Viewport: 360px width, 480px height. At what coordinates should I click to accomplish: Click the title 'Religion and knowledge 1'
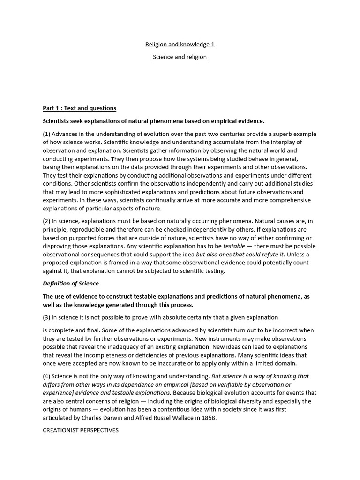[180, 45]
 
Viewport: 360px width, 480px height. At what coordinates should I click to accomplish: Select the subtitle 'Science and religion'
[180, 57]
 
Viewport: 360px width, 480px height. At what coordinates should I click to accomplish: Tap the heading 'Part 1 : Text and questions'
[80, 108]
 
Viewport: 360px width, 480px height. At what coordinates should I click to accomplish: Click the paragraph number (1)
[47, 134]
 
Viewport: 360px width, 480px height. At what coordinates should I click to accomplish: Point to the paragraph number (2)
[47, 221]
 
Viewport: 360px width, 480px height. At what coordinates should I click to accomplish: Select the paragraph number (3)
[47, 317]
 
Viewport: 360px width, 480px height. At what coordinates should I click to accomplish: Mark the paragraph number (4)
[47, 376]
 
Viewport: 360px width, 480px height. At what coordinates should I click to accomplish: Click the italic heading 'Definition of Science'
[71, 284]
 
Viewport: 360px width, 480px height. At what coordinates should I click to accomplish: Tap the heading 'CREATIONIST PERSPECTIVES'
[81, 430]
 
